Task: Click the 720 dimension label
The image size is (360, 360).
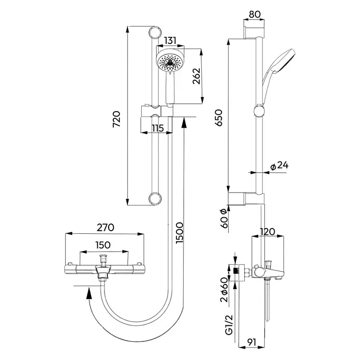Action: click(x=116, y=119)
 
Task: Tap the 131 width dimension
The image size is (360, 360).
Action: click(x=170, y=41)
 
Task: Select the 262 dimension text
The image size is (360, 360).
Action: click(x=197, y=76)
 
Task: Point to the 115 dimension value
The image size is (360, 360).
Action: click(x=157, y=128)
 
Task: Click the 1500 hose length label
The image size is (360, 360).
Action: click(x=179, y=233)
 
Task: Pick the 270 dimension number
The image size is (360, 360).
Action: click(x=106, y=227)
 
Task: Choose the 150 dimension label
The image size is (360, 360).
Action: click(x=102, y=245)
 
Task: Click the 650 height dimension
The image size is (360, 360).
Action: click(x=219, y=117)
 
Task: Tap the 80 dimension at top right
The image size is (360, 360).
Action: click(x=255, y=14)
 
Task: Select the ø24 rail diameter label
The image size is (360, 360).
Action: click(x=279, y=166)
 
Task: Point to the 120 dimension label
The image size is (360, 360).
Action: click(x=267, y=232)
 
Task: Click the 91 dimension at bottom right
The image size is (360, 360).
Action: click(x=251, y=342)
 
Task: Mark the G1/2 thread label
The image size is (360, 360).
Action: click(x=229, y=325)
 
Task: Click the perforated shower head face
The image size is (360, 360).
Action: click(x=170, y=63)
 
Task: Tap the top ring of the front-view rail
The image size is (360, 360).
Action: click(x=155, y=33)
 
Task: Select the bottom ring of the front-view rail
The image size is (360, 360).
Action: click(x=155, y=199)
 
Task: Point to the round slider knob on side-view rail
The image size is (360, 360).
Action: click(x=259, y=111)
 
